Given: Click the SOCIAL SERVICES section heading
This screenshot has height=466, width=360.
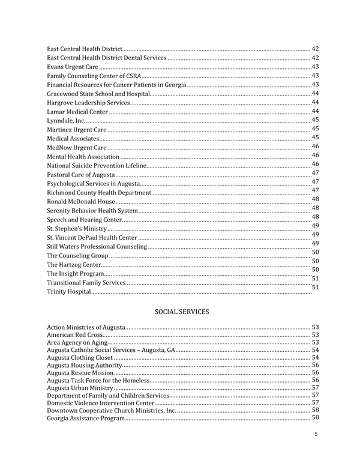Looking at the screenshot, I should point(182,312).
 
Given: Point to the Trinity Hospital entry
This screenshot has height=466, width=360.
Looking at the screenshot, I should point(69,291).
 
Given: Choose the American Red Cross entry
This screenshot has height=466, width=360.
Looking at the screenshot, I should point(75,334).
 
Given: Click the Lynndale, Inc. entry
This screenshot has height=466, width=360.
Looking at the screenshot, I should point(66,121).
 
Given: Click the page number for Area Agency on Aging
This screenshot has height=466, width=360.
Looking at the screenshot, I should point(315,342).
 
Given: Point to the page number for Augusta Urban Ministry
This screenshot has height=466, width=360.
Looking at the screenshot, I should point(315,387).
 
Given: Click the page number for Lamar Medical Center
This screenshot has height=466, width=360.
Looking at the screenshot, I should point(315,111).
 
